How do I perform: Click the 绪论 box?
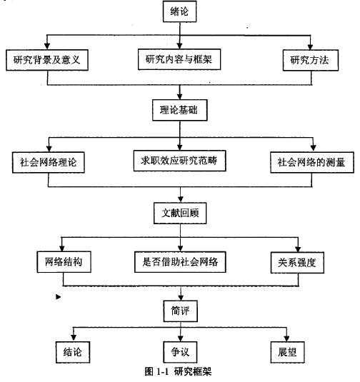(x=179, y=11)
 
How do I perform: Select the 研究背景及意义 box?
(x=47, y=60)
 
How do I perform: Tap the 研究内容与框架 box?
(x=179, y=59)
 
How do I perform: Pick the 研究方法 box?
(x=311, y=60)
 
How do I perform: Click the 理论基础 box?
(x=180, y=110)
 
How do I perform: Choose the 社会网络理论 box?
(x=49, y=163)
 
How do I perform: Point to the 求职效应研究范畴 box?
(x=179, y=161)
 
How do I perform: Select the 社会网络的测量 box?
(x=312, y=163)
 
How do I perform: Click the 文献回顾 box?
(x=180, y=213)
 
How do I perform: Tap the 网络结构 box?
(x=64, y=262)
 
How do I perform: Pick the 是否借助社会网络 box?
(x=180, y=262)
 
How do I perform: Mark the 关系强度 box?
(x=297, y=263)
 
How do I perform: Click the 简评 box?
(x=181, y=311)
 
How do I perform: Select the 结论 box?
(x=73, y=352)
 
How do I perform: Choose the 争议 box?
(x=181, y=352)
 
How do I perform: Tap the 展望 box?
(x=288, y=352)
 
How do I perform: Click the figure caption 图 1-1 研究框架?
(x=178, y=372)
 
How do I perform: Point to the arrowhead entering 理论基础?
(x=179, y=96)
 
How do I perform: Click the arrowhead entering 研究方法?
(x=310, y=47)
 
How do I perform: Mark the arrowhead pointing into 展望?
(x=286, y=338)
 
